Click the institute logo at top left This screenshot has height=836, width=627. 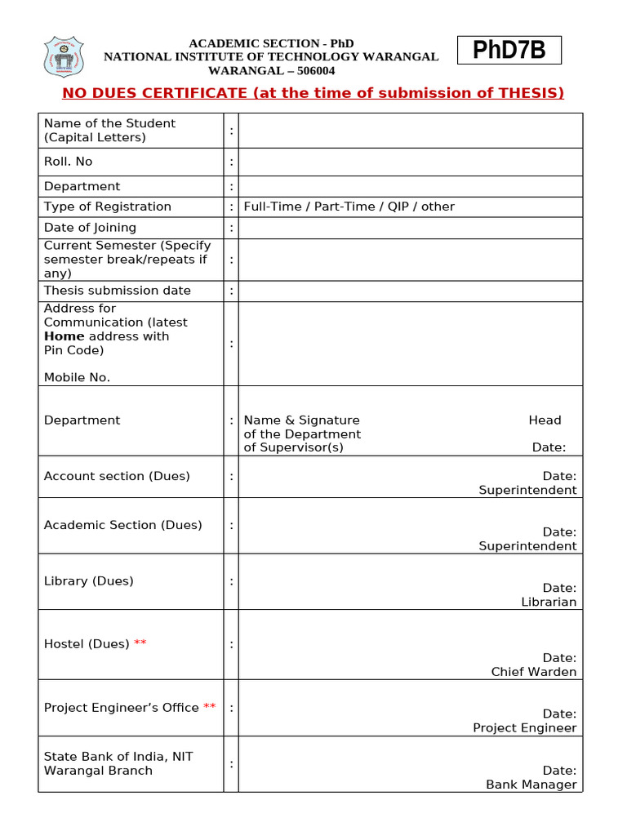coord(64,56)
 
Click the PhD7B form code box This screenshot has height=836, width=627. coord(509,51)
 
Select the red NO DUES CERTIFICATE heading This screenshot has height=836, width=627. coord(313,93)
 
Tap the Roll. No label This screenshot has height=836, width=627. coord(69,162)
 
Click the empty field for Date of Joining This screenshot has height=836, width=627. coord(411,228)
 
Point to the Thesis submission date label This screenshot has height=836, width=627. coord(118,291)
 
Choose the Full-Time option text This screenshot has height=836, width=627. coord(273,207)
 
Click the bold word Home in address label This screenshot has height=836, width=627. coord(64,336)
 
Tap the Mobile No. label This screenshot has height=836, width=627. coord(77,377)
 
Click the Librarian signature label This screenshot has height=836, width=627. coord(549,602)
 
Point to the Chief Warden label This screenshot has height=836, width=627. coord(534,672)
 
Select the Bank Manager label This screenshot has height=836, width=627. coord(531,785)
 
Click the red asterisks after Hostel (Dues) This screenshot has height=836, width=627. coord(140,643)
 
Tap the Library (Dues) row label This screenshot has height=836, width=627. coord(89,581)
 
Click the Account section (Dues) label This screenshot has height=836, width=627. coord(117,476)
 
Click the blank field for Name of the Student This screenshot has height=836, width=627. coord(411,131)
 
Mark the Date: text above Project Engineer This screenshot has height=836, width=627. coord(559,714)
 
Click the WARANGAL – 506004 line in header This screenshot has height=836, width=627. coord(272,70)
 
